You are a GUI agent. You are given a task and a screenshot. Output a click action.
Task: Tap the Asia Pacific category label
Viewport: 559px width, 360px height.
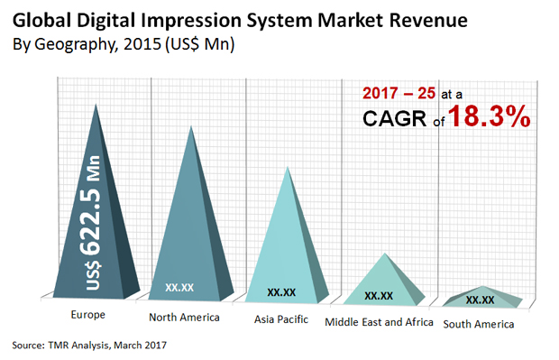[280, 319]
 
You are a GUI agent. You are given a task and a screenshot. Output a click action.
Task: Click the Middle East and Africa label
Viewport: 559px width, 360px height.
[379, 321]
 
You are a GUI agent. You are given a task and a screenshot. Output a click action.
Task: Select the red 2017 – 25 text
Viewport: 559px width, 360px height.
[406, 92]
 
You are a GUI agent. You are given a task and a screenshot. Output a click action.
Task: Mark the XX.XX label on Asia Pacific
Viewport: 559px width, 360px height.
[282, 291]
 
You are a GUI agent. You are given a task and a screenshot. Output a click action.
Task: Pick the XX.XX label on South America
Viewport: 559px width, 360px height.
[480, 300]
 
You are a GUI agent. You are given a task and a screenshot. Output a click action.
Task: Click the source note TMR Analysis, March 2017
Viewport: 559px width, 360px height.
[90, 346]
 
